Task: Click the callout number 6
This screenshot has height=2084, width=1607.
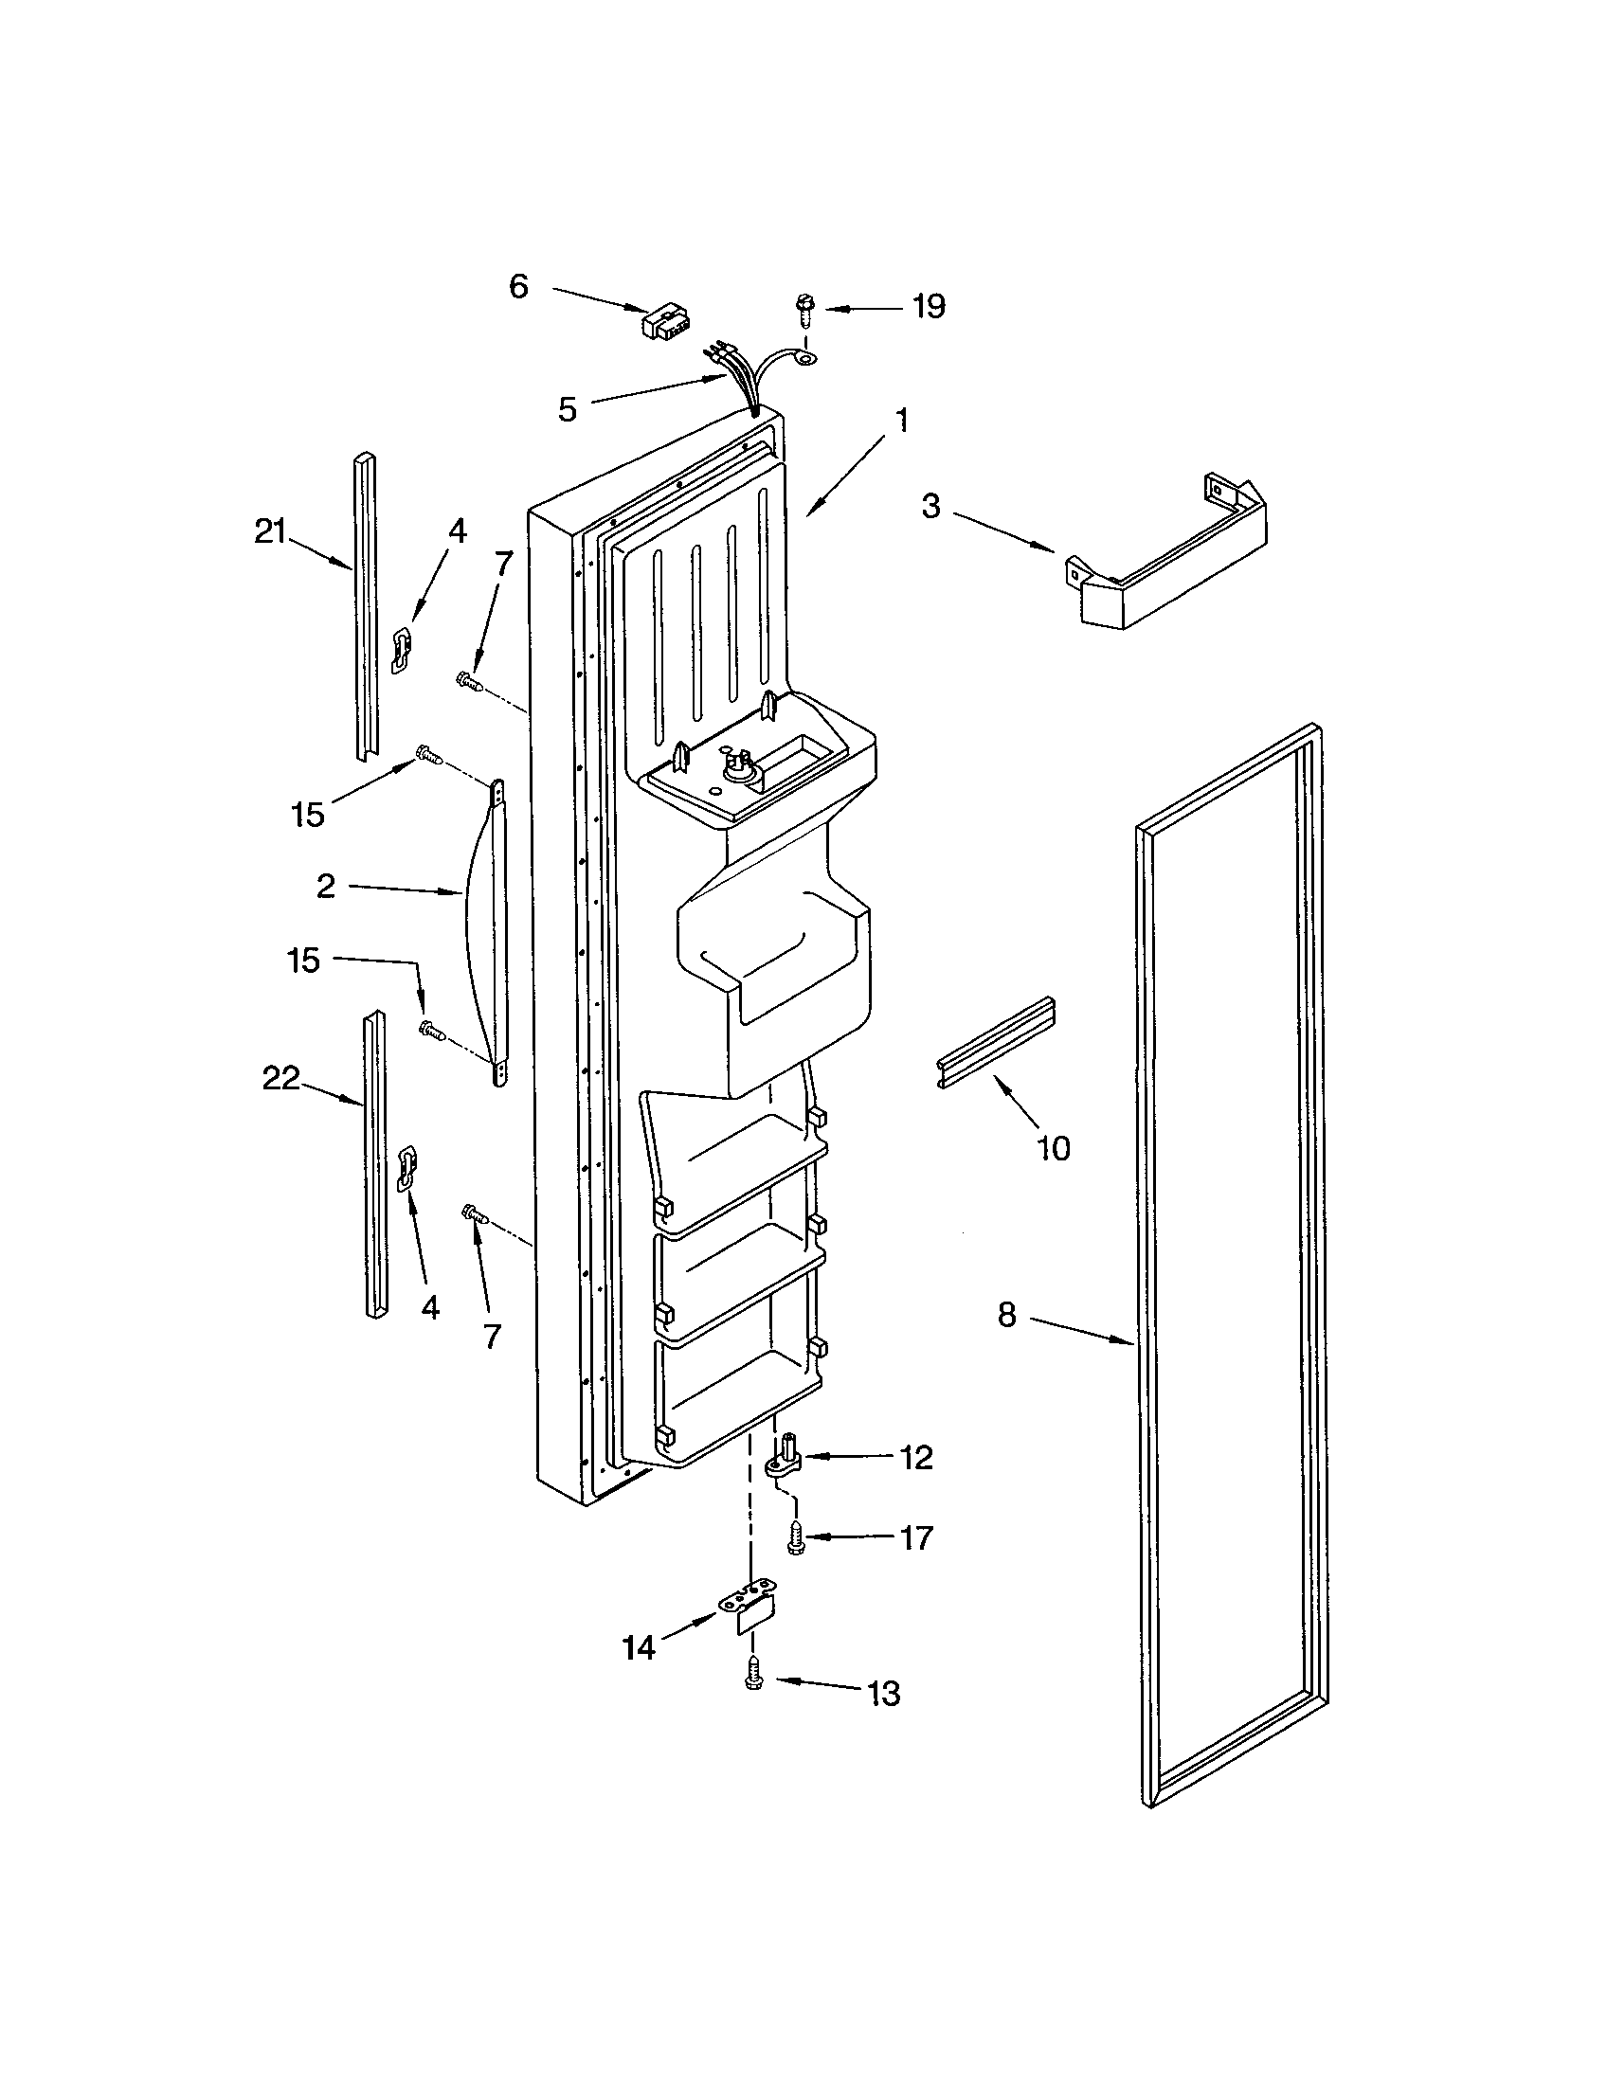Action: click(518, 285)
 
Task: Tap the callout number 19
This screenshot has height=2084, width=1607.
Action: click(928, 306)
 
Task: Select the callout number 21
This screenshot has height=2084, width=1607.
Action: click(270, 532)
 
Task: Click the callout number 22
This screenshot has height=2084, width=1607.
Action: click(280, 1079)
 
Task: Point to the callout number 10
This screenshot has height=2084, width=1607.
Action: click(1054, 1148)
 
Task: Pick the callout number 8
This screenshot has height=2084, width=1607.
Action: click(1007, 1316)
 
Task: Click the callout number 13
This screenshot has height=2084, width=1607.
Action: click(884, 1694)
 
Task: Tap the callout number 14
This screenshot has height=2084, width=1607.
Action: click(640, 1648)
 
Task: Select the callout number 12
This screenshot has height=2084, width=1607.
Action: click(916, 1458)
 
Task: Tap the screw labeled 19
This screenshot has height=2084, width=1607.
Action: click(803, 308)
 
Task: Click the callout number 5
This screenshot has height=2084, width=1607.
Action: click(568, 410)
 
